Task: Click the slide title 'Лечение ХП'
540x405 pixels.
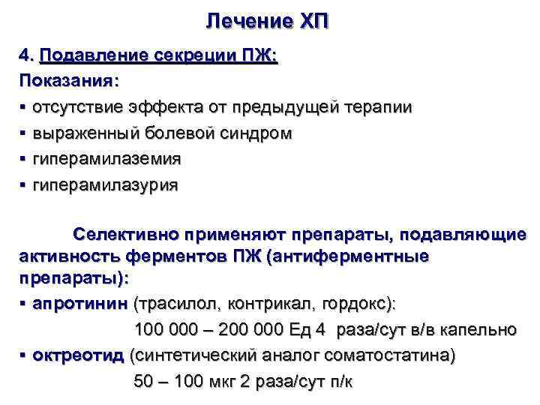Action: pos(267,21)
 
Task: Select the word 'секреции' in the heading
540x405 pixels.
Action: pos(178,55)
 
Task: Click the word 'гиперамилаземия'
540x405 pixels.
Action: pos(106,159)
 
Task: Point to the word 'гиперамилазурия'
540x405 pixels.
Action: pos(105,185)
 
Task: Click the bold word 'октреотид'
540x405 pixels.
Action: pos(78,355)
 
